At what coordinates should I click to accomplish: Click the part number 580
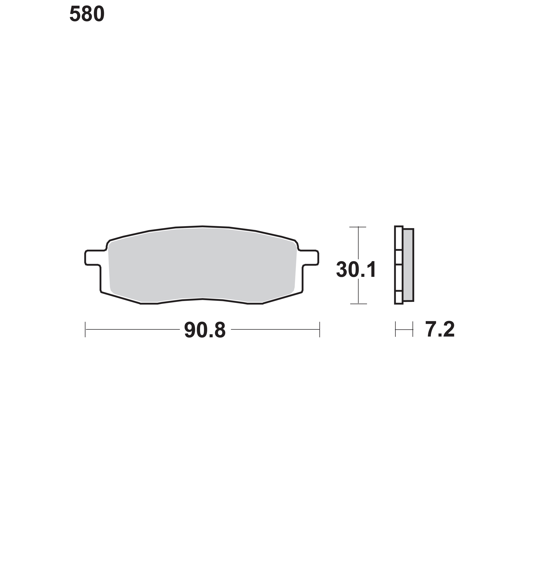[x=87, y=14]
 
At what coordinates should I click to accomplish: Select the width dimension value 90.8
[x=205, y=330]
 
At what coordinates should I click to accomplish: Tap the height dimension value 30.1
[x=356, y=270]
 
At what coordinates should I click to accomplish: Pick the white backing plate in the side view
[x=399, y=265]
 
